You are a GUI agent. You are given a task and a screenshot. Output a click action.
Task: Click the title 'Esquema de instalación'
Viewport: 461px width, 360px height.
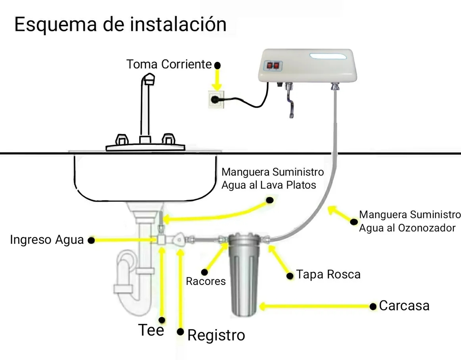120,24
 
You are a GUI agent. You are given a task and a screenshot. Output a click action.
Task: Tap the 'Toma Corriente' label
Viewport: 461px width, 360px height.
169,64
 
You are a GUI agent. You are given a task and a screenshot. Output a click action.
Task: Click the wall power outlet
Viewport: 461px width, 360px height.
216,99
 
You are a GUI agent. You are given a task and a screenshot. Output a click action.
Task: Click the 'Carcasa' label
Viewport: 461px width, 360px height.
404,306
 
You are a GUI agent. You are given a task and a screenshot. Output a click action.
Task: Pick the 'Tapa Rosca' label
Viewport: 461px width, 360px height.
328,275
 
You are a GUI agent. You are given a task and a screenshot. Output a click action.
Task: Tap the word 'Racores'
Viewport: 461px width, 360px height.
206,281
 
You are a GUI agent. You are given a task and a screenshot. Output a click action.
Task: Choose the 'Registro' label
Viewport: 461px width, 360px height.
216,335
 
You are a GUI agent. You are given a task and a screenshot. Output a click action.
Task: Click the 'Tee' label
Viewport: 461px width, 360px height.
151,330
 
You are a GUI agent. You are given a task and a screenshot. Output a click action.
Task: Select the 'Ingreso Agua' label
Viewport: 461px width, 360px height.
47,240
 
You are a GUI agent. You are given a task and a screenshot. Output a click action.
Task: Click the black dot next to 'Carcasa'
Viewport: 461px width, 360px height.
373,306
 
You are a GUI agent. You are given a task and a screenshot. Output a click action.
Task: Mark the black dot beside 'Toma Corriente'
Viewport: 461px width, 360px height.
217,65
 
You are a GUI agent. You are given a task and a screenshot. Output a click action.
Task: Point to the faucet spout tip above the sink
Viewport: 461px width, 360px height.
150,78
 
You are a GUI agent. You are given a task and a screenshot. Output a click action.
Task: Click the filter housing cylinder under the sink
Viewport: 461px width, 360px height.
244,278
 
